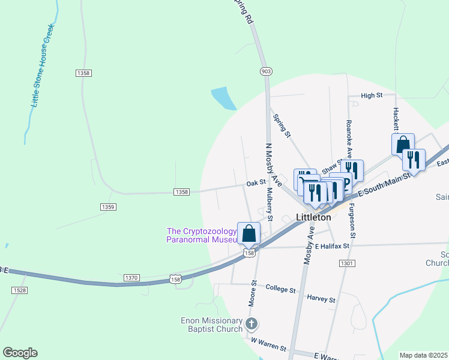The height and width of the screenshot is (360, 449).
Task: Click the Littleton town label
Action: point(313,217)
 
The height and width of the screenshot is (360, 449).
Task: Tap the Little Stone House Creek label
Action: point(42,67)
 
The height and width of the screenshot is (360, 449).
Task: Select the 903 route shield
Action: point(267,71)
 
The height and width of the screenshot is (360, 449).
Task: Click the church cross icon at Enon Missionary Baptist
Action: point(251,325)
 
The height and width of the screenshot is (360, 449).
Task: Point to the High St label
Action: point(372,95)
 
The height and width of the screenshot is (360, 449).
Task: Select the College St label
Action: point(280,290)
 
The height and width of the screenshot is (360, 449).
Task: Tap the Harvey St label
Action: point(320,297)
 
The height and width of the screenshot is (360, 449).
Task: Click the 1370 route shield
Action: point(132,278)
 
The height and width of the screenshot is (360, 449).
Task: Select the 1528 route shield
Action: point(19,290)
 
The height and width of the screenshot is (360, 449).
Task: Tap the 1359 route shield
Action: point(108,206)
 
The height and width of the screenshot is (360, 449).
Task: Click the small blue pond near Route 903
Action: point(224,98)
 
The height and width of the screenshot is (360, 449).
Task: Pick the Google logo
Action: point(20,353)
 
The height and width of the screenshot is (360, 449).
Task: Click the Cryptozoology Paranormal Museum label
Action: point(202,235)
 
